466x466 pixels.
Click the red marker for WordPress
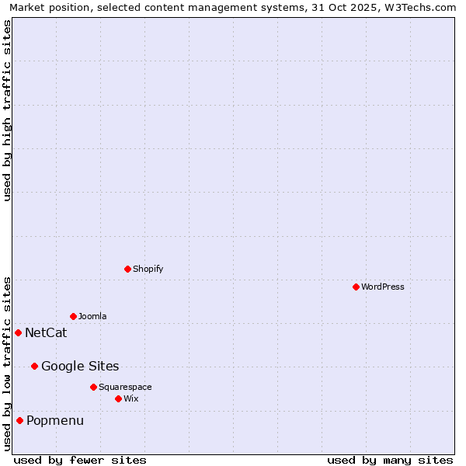coord(356,287)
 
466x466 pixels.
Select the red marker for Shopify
coord(127,269)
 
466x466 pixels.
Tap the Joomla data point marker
coord(73,316)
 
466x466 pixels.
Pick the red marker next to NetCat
coord(18,332)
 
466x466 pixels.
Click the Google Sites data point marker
coord(34,366)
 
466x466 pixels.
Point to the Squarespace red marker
coord(93,387)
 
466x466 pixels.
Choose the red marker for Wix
coord(118,398)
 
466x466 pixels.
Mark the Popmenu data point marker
coord(19,420)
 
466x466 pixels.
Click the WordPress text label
coord(383,287)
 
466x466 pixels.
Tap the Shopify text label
coord(148,269)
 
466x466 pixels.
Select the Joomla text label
coord(92,316)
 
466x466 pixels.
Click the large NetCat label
coord(46,333)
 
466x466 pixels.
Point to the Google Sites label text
coord(80,367)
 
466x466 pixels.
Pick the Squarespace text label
coord(125,387)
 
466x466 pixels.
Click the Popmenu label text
coord(55,421)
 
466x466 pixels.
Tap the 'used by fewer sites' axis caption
coord(80,460)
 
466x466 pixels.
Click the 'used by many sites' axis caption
coord(390,460)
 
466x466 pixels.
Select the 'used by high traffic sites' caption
coord(7,110)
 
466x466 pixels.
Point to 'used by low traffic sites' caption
coord(7,363)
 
